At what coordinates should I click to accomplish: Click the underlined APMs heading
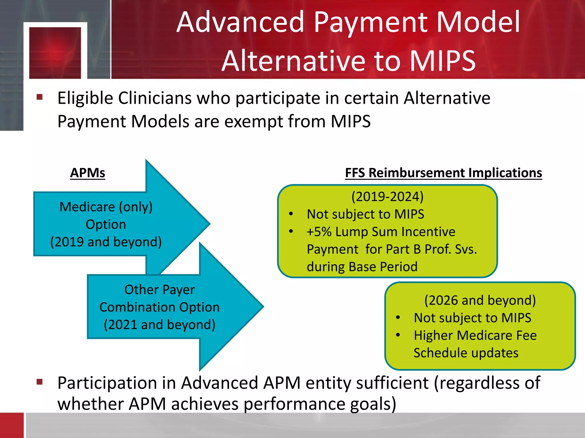(x=88, y=173)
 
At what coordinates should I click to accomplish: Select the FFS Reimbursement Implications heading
(x=443, y=173)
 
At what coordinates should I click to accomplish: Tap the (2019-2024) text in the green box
(x=387, y=197)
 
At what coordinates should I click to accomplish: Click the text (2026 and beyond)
(x=480, y=300)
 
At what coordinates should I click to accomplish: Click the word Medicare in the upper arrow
(x=87, y=207)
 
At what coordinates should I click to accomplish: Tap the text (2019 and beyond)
(x=106, y=242)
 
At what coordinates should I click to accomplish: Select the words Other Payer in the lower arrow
(x=159, y=290)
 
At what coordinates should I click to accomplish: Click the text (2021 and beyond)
(x=159, y=325)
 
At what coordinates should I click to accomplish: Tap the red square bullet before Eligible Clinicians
(x=39, y=97)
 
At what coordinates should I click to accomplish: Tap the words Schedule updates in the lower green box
(x=466, y=353)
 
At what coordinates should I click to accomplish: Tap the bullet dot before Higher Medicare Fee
(x=398, y=335)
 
